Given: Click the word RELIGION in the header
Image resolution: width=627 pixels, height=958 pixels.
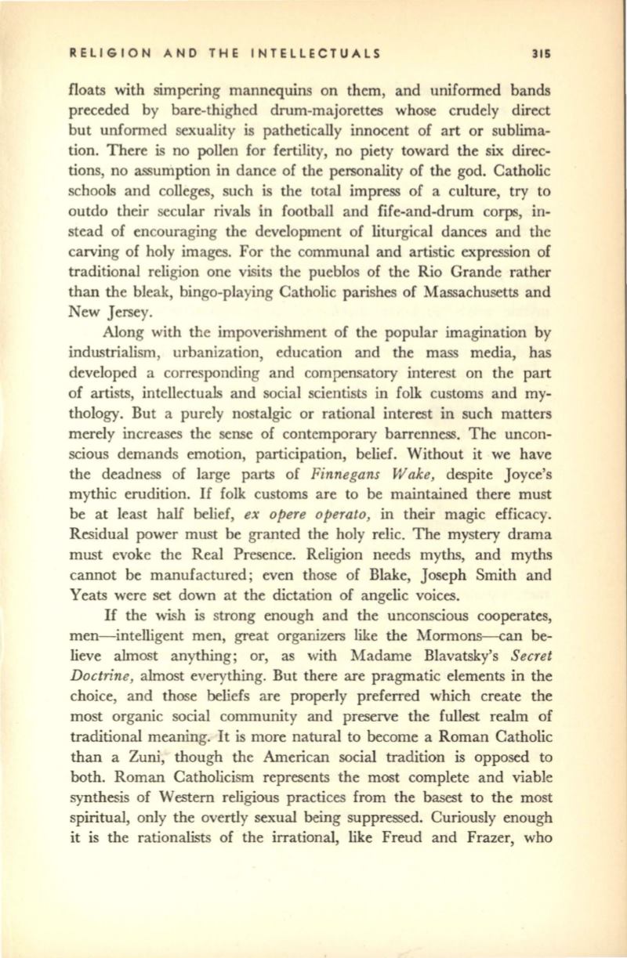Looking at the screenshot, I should (102, 56).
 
